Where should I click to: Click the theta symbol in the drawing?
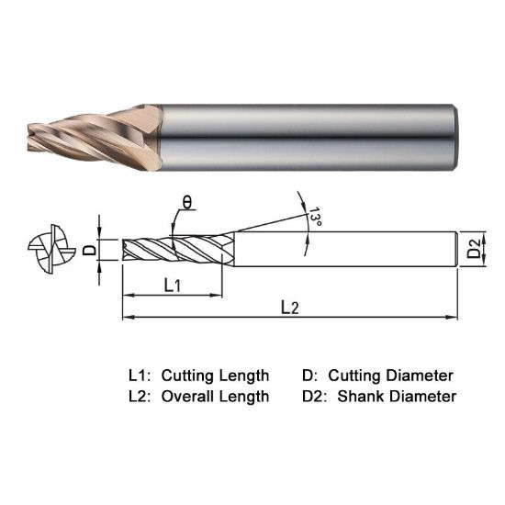pos(186,203)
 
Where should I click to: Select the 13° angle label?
pos(314,218)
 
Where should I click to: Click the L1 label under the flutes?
pos(172,286)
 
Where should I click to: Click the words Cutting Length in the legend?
pos(215,376)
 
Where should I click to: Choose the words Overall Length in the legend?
pos(215,397)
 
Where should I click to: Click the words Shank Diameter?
pos(397,397)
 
